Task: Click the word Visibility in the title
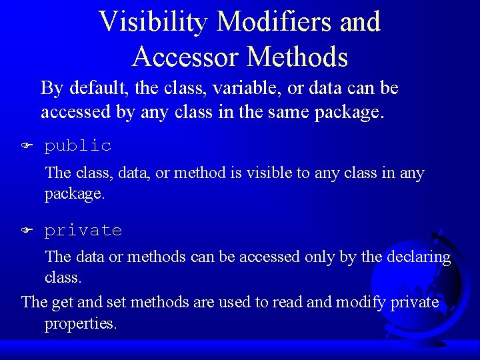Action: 154,21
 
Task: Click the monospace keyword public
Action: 78,145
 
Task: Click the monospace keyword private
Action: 83,231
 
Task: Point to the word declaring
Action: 418,257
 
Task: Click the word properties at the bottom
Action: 81,325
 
